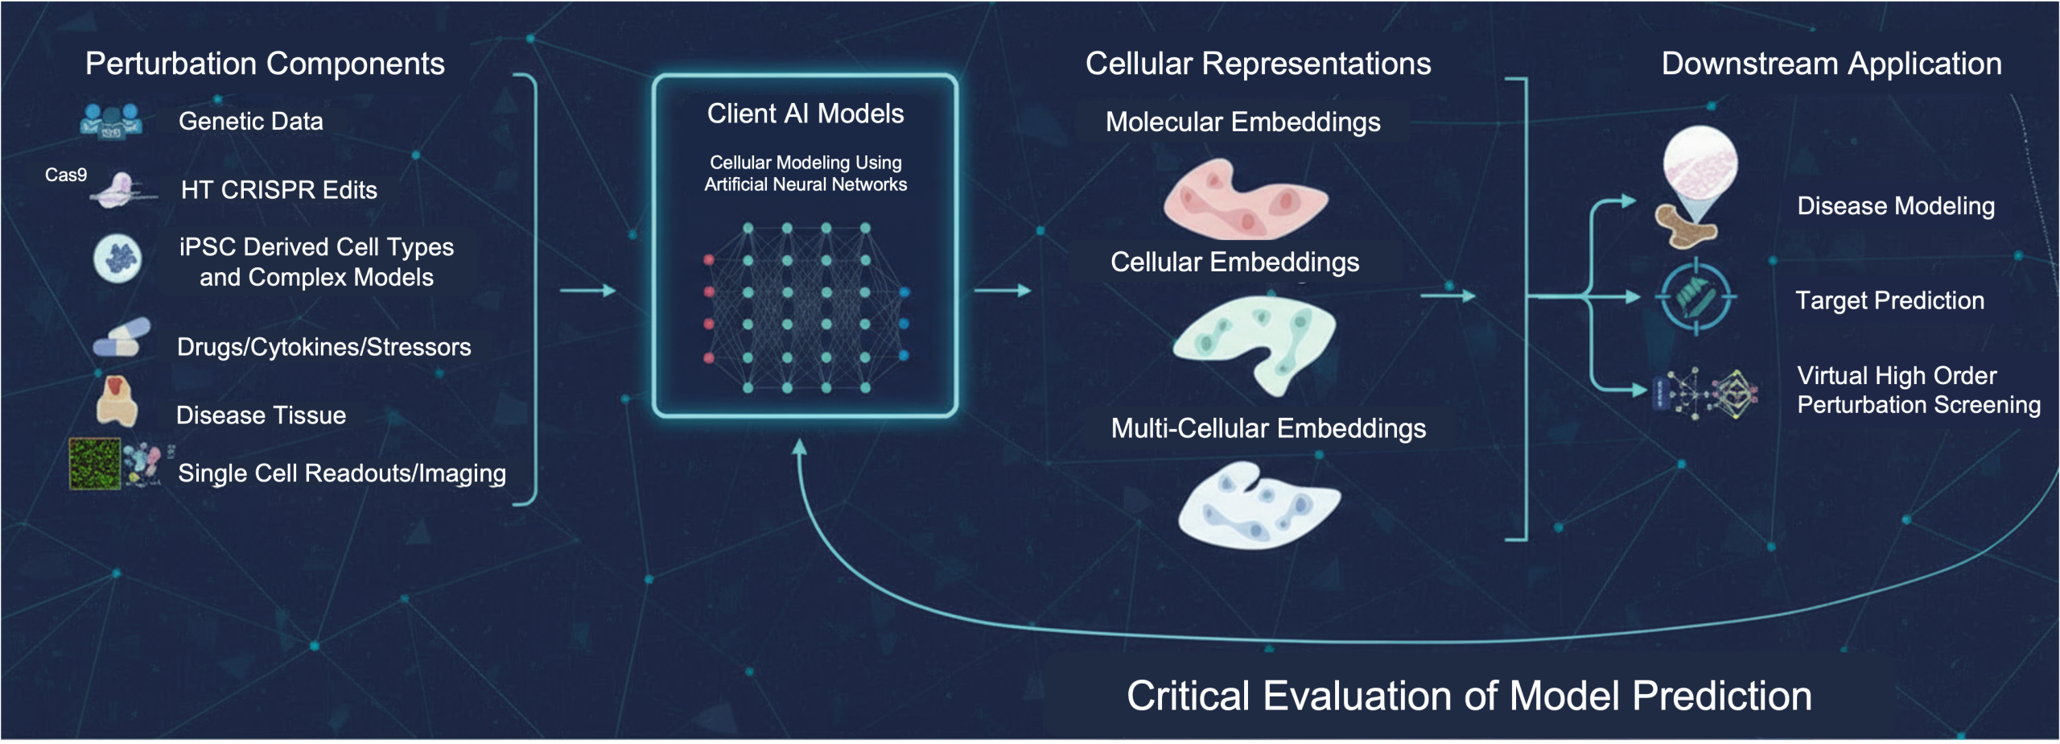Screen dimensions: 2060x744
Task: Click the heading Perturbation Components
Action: point(265,64)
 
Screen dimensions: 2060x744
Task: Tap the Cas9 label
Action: point(66,175)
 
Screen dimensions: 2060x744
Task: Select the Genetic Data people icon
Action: point(111,122)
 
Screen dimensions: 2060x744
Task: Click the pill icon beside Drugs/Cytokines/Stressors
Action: point(122,338)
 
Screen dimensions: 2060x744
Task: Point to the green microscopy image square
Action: point(95,464)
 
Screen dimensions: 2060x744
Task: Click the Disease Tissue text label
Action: point(261,415)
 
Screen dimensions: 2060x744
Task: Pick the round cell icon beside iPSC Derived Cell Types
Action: point(117,258)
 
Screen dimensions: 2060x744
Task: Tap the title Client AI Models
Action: point(805,114)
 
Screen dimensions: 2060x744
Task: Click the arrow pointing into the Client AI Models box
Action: point(588,291)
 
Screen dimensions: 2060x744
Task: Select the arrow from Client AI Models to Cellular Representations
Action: point(1003,291)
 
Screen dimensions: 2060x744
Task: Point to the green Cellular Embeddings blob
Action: point(1255,342)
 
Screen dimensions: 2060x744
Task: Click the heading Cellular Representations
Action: point(1259,64)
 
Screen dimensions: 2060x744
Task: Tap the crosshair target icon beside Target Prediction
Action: point(1695,297)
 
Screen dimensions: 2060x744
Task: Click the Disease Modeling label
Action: point(1896,206)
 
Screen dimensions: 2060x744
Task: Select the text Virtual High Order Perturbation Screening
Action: point(1919,391)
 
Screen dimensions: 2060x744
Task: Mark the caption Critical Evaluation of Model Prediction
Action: point(1469,696)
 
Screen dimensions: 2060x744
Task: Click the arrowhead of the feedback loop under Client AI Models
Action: point(799,447)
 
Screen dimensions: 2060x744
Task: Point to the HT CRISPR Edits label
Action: point(279,190)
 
